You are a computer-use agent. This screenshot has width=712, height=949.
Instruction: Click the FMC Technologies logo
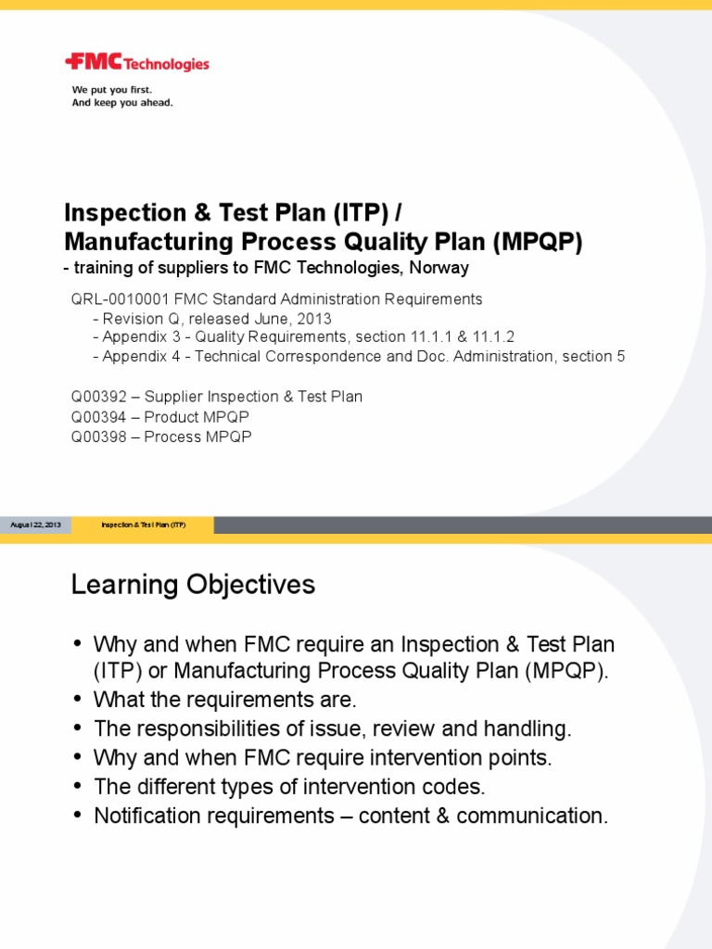coord(136,63)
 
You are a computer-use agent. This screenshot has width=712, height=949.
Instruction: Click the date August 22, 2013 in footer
coord(35,525)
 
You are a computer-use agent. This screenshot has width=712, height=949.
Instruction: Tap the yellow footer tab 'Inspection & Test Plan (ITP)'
coord(144,525)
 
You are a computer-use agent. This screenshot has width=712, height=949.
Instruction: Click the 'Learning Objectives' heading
coord(193,585)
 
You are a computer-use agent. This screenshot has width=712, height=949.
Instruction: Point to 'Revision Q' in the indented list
coord(136,319)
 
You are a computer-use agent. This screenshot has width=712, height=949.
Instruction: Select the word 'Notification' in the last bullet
coord(143,816)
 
